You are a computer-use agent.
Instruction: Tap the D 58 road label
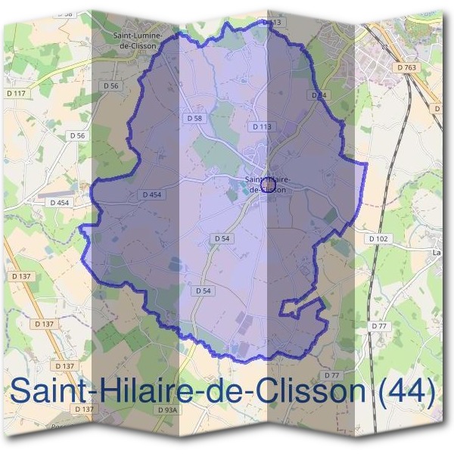[194, 119]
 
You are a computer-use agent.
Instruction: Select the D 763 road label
[406, 67]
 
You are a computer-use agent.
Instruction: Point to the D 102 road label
[378, 238]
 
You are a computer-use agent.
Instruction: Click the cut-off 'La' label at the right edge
[436, 253]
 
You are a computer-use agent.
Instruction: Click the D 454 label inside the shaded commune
[151, 194]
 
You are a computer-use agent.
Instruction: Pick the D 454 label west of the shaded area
[60, 203]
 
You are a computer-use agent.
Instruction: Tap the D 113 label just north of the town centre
[261, 126]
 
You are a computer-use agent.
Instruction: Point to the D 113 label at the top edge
[272, 23]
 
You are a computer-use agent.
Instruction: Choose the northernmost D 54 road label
[319, 95]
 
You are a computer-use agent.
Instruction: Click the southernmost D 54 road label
[203, 291]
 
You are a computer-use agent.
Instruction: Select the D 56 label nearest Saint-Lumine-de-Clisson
[110, 86]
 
